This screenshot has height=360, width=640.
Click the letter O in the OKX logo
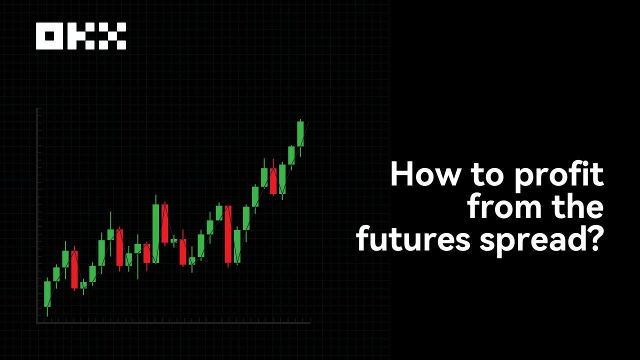point(49,36)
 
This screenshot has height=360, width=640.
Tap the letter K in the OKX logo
point(80,36)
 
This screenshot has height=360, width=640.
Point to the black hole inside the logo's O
point(49,36)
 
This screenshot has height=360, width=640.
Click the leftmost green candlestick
point(47,293)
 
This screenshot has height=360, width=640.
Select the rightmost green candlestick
point(300,133)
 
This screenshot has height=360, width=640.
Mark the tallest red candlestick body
point(228,234)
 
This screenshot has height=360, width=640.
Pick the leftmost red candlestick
point(74,269)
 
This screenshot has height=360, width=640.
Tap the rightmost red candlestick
point(273,181)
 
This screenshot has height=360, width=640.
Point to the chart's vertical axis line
point(37,215)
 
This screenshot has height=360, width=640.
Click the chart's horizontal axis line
point(173,322)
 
